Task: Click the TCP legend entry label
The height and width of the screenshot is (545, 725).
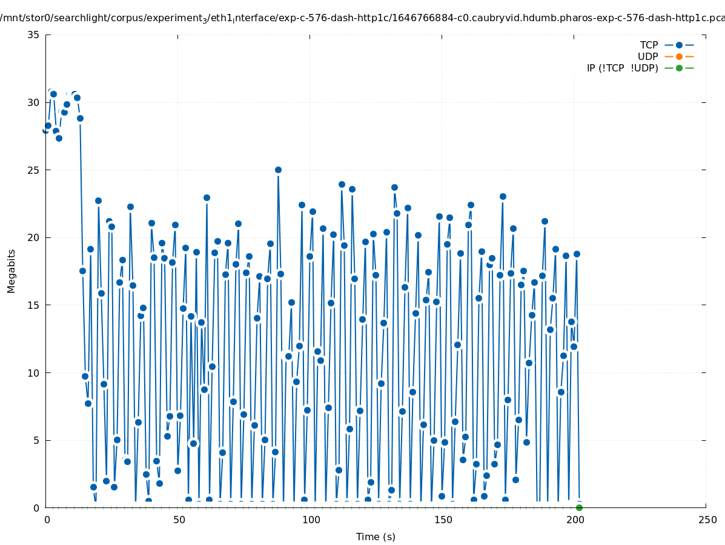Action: [649, 45]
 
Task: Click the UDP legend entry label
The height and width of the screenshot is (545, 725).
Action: [647, 56]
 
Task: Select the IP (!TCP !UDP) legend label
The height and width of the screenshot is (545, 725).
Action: [622, 68]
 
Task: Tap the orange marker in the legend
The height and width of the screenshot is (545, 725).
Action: [679, 56]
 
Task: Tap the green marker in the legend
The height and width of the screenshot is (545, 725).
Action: [679, 68]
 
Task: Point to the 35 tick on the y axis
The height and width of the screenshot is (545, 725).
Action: [34, 35]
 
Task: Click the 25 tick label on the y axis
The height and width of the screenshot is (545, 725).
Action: [34, 170]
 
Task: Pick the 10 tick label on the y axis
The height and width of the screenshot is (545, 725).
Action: [34, 373]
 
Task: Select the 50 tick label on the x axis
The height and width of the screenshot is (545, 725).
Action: [179, 520]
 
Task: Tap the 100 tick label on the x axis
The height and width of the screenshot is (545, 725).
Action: [310, 520]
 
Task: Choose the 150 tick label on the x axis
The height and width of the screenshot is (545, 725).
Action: [442, 520]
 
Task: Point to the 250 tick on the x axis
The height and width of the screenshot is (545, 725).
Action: [706, 520]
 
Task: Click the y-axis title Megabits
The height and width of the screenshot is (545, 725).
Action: [12, 271]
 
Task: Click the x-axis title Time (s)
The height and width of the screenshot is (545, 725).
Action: [376, 537]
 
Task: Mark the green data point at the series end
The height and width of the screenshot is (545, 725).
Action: [579, 507]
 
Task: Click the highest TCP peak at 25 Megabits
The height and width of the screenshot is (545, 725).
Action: [278, 170]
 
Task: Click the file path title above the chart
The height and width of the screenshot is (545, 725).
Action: [362, 18]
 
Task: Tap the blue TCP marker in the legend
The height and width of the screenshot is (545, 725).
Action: [679, 45]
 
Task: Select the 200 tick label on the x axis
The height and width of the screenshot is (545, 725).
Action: [574, 520]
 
